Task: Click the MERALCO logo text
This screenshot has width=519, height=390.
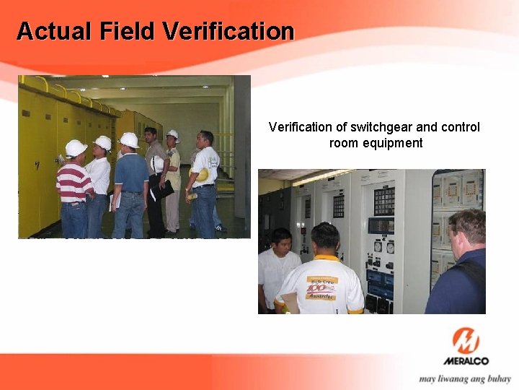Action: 466,360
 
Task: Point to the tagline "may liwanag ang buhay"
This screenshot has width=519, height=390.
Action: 465,378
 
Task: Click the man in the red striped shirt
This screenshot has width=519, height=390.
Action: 74,188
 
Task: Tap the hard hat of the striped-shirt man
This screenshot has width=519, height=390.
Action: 75,148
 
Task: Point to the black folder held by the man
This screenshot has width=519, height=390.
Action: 164,189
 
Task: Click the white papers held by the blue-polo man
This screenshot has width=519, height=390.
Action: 112,204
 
